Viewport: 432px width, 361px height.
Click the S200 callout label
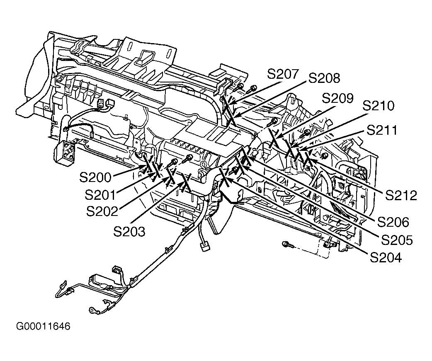[x=95, y=177]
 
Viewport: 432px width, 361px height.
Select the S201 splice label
[x=100, y=195]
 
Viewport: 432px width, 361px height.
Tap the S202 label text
[x=102, y=211]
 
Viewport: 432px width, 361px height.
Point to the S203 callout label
[x=129, y=232]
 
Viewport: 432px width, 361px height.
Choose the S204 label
[x=386, y=257]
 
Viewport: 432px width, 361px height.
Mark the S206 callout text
[x=393, y=222]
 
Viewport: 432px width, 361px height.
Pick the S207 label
[x=283, y=74]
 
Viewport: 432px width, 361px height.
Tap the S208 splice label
[x=324, y=78]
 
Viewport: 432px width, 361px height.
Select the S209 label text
[x=337, y=98]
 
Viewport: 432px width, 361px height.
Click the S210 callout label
[x=379, y=105]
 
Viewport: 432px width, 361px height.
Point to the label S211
[x=382, y=130]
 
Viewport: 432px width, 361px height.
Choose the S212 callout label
[x=401, y=196]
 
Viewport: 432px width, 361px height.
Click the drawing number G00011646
[x=43, y=326]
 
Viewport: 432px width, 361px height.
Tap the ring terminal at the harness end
[x=91, y=310]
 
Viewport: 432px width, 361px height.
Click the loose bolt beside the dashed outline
[x=287, y=244]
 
